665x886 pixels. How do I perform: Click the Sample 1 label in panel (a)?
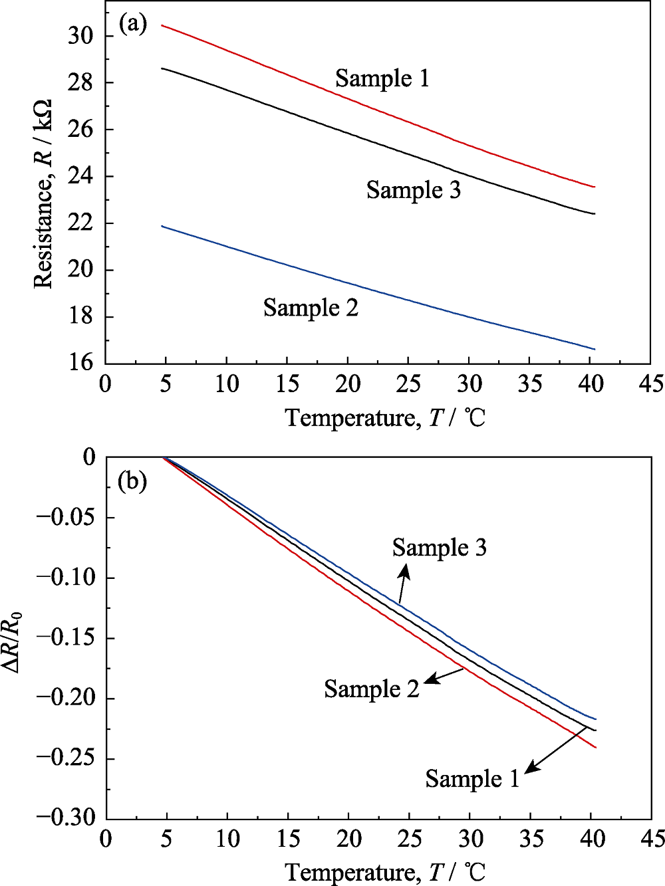(382, 78)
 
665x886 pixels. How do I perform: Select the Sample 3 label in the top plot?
(413, 190)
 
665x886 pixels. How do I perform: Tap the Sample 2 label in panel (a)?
(311, 308)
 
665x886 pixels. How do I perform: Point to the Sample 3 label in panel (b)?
(439, 548)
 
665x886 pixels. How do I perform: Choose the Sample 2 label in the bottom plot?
(372, 689)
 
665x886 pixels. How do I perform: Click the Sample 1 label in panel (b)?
(472, 778)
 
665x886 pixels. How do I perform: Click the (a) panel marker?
(132, 25)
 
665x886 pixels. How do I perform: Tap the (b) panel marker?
(132, 481)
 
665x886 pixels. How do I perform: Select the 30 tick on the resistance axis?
(80, 36)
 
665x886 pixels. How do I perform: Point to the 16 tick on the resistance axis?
(80, 362)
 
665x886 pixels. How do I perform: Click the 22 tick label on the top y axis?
(80, 223)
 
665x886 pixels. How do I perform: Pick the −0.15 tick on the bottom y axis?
(66, 638)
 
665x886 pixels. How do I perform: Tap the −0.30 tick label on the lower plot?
(66, 818)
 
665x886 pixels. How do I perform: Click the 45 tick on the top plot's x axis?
(650, 384)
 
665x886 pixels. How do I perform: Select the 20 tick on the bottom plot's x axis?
(348, 838)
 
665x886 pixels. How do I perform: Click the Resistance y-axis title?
(43, 194)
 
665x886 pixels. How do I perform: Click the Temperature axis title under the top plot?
(386, 418)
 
